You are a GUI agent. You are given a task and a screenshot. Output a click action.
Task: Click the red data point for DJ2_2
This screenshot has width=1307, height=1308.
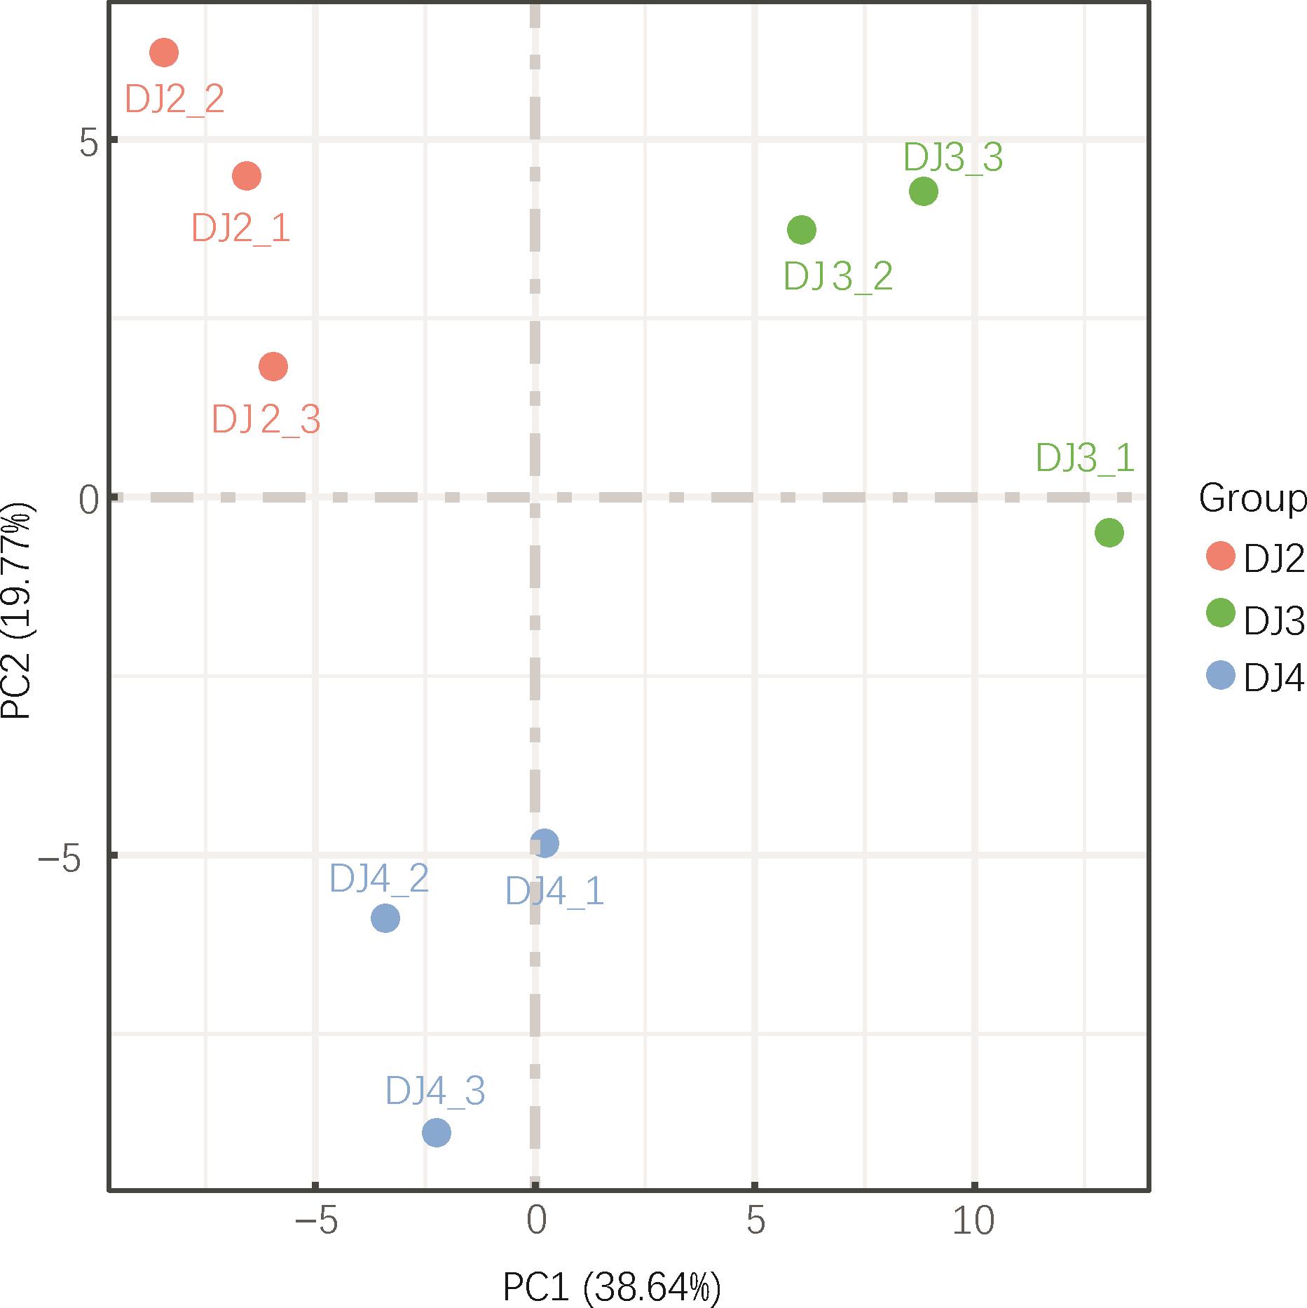[164, 53]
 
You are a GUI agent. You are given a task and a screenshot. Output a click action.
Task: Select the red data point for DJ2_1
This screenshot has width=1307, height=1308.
[247, 175]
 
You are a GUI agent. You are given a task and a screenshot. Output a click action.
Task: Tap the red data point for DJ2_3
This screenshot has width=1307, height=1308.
[273, 366]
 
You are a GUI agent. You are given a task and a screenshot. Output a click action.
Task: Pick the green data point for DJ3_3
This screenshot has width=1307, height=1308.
[924, 191]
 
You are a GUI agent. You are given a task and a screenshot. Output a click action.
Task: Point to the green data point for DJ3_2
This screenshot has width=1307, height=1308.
[802, 230]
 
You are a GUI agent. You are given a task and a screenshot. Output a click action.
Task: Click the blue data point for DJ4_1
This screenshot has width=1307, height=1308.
[545, 843]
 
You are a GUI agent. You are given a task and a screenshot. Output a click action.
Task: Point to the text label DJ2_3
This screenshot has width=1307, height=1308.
[266, 421]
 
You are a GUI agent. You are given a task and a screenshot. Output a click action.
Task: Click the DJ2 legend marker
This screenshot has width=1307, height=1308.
[1220, 556]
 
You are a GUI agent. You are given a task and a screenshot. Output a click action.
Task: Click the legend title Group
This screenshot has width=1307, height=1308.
[1252, 499]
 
